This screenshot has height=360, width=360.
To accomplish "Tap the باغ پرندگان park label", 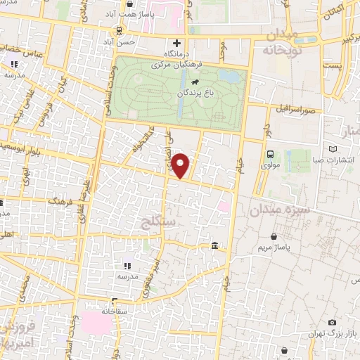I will (195, 92).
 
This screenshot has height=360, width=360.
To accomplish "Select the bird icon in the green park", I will (184, 82).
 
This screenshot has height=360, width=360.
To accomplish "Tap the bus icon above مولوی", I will (270, 155).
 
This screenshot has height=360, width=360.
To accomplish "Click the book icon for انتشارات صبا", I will (342, 148).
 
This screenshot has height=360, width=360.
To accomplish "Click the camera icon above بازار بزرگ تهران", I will (333, 321).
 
